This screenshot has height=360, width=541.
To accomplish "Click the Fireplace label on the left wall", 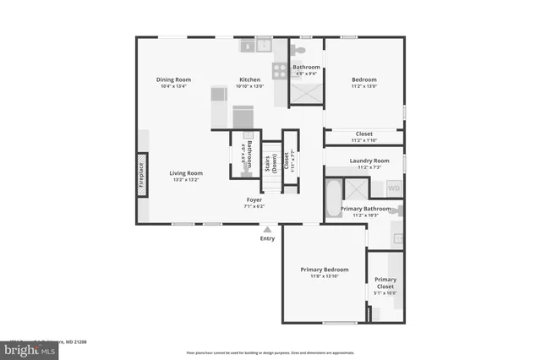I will click(141, 175).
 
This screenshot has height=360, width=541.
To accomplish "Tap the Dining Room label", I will click(172, 79).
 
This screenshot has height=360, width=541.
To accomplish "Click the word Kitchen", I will click(249, 79).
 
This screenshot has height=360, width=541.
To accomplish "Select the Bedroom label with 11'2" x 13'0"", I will click(363, 79).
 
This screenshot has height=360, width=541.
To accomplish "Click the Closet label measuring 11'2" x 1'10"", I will click(363, 134).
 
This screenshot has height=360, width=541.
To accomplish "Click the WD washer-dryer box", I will click(394, 188).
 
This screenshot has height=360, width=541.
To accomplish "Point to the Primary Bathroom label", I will click(365, 208).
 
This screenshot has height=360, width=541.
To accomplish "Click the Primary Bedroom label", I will click(324, 270).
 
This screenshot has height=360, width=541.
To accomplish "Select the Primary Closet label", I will click(385, 283).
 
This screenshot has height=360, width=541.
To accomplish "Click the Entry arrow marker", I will click(268, 229).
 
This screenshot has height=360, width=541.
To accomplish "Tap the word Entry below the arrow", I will click(268, 238).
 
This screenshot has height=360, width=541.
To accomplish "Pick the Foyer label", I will click(254, 200).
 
